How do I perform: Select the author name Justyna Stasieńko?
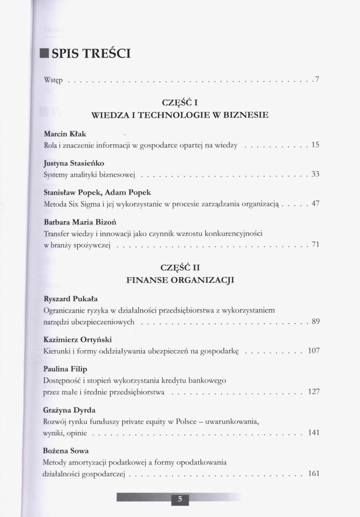tap(74, 163)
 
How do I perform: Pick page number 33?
tap(315, 174)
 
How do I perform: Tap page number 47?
tap(315, 203)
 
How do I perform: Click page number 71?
tap(315, 244)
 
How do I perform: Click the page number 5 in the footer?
tap(179, 499)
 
